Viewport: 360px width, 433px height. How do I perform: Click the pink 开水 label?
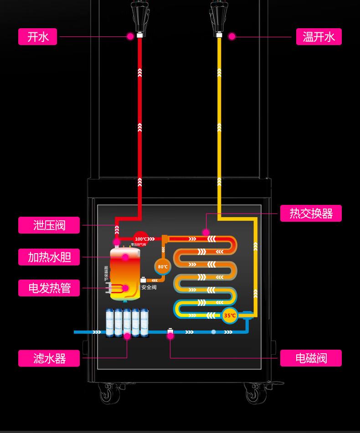[x=37, y=37]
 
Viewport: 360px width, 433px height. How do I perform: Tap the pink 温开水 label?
[x=319, y=37]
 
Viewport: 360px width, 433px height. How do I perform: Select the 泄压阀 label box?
[x=49, y=225]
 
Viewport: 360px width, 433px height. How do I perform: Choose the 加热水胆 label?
[x=49, y=257]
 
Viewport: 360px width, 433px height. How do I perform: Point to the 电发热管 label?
[x=49, y=288]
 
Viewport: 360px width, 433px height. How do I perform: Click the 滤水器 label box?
[x=49, y=358]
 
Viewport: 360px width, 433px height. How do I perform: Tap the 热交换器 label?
[x=311, y=213]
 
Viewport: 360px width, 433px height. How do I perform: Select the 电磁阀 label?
[x=311, y=358]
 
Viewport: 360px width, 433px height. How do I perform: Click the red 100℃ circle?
[x=141, y=239]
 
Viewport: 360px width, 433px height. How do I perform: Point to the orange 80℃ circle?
[x=163, y=267]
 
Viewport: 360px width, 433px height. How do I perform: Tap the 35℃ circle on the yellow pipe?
[x=230, y=315]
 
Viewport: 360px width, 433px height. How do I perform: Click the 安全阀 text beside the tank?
[x=149, y=287]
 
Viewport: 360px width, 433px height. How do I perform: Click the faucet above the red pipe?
[x=139, y=16]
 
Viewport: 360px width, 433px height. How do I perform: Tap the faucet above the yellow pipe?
[x=219, y=16]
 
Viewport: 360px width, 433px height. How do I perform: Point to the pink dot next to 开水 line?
[x=130, y=36]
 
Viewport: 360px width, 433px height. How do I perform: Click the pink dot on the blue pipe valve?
[x=170, y=336]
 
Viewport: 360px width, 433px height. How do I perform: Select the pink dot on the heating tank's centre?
[x=125, y=257]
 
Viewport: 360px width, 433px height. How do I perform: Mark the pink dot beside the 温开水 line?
[x=232, y=36]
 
